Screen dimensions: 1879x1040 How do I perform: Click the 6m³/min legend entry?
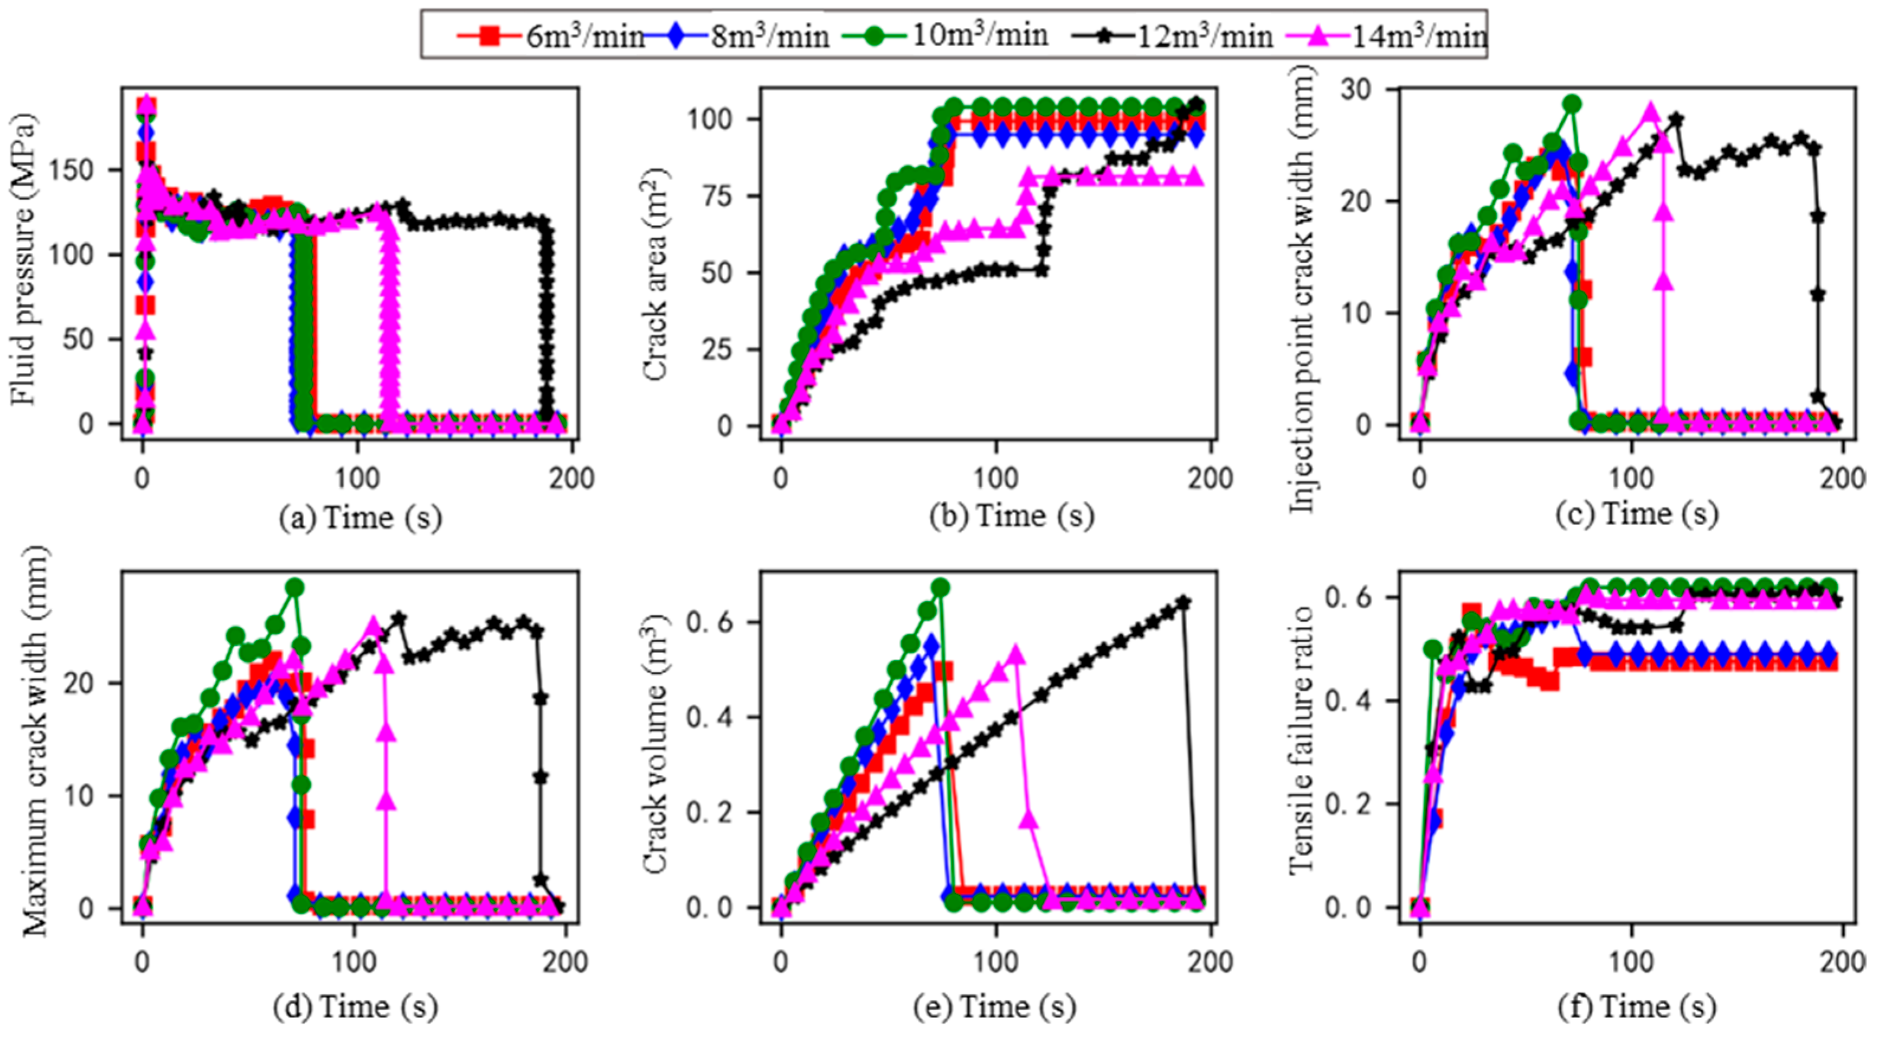[551, 35]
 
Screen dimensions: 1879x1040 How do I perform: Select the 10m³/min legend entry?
[945, 35]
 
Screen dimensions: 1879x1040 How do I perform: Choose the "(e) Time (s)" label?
[994, 1008]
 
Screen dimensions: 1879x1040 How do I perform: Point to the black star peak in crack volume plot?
[1184, 603]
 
